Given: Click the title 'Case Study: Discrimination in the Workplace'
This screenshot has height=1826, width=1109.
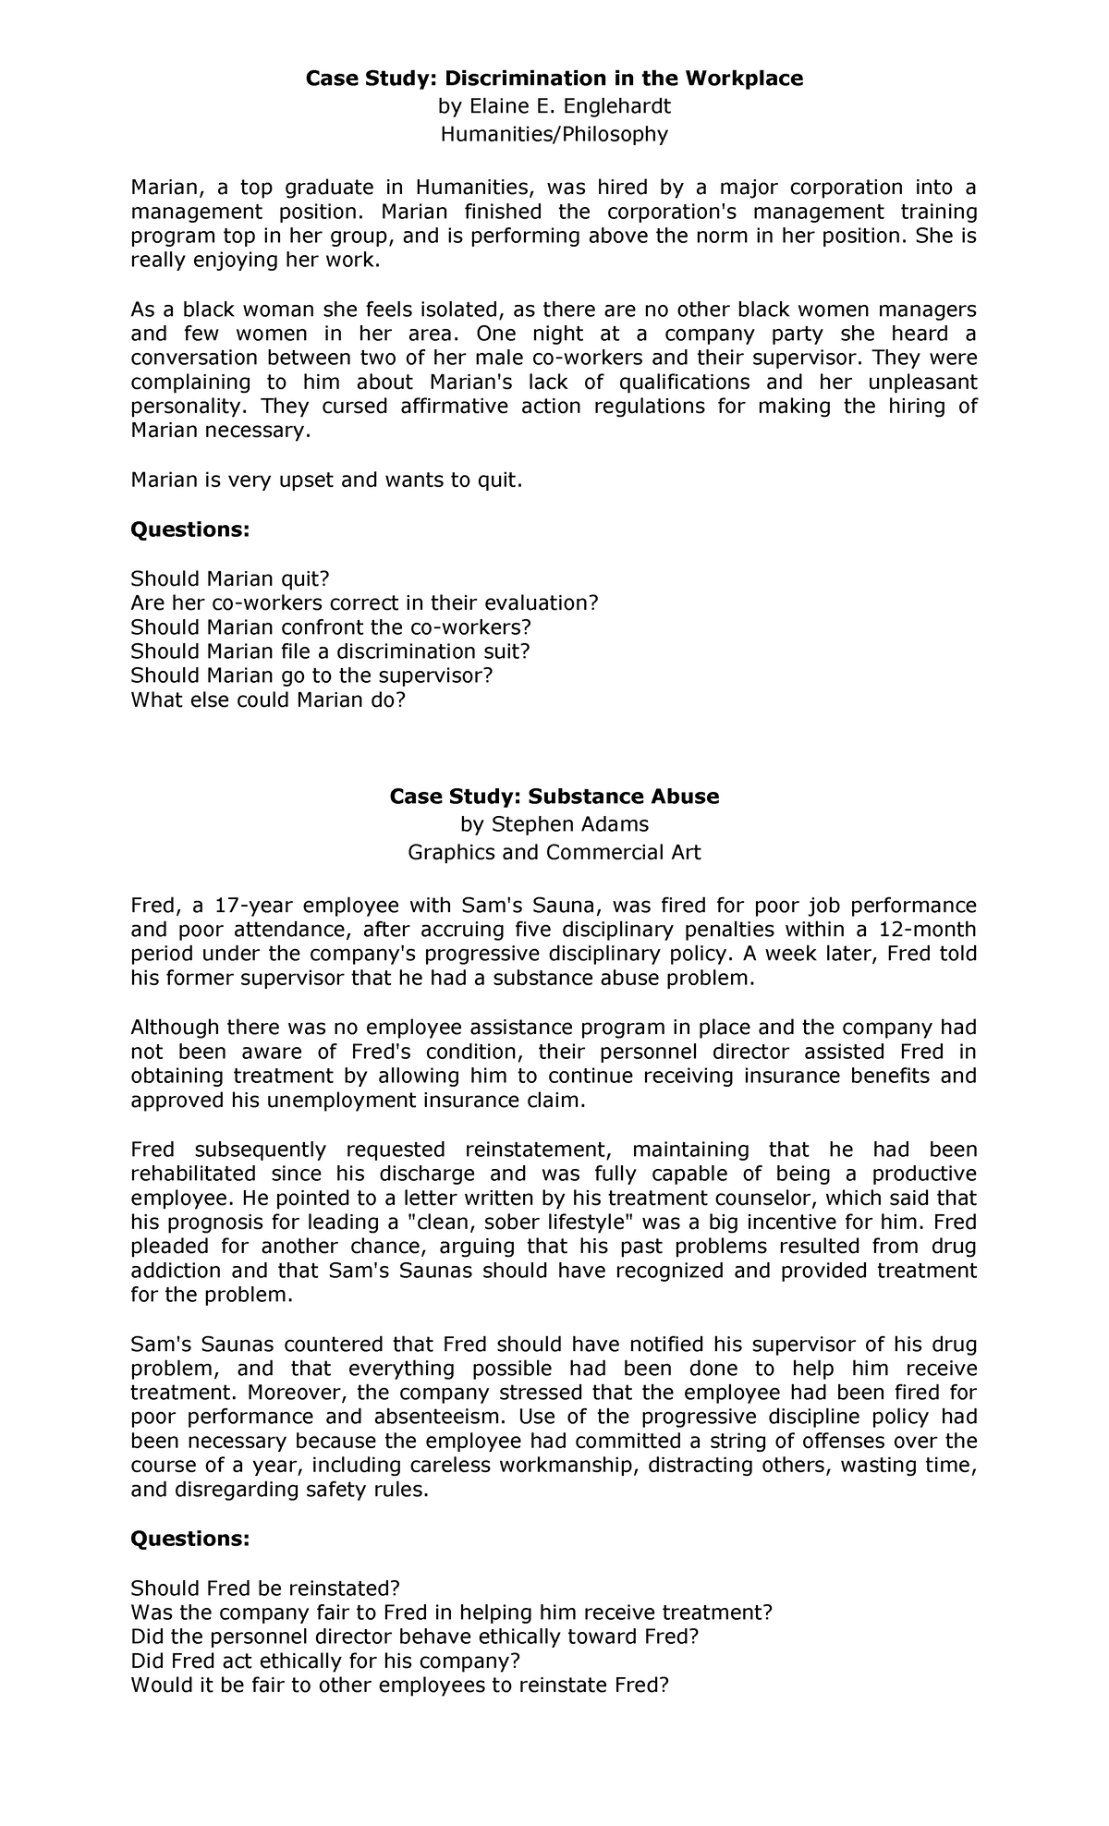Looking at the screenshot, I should (x=554, y=79).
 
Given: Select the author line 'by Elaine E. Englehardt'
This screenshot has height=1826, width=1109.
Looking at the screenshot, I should (x=554, y=106).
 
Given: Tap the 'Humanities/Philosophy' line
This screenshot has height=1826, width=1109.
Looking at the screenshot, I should (x=554, y=134).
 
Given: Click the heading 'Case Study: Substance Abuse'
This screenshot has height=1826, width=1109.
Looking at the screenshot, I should (x=554, y=797).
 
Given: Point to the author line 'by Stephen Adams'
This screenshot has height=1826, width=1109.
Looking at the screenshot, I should (x=554, y=824).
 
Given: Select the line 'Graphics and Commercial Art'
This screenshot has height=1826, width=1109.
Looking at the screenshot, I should (x=554, y=852).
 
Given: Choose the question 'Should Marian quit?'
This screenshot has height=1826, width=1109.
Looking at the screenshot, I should (x=229, y=578).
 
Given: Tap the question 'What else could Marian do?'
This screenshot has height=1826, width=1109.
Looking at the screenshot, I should (x=268, y=700).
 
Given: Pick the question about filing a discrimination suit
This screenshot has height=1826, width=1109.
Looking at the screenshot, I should (x=330, y=651).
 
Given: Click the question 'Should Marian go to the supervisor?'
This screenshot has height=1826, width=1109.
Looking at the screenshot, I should (x=311, y=676).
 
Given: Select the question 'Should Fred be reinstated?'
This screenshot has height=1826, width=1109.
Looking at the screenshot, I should (x=264, y=1589).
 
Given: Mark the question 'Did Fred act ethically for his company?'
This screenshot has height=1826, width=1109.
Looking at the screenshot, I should (x=325, y=1661).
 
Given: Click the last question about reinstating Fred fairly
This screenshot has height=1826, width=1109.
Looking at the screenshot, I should (x=398, y=1685).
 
